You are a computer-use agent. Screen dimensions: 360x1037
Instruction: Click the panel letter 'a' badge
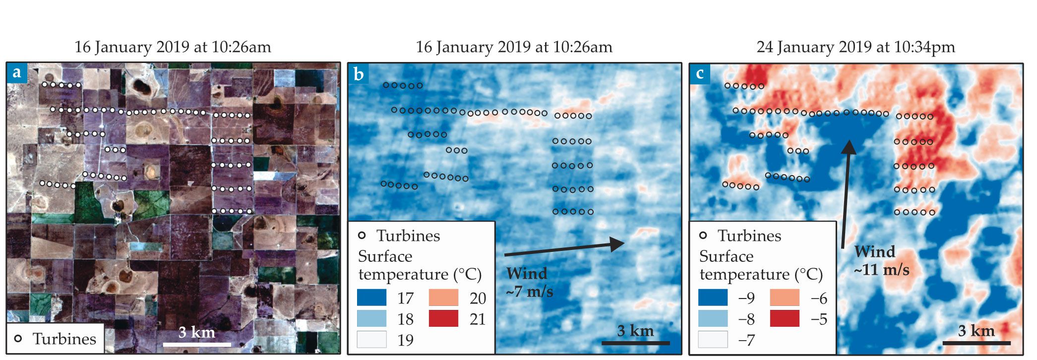17,72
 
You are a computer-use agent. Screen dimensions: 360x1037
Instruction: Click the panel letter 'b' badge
359,74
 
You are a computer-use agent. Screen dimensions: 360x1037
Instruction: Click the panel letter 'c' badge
700,73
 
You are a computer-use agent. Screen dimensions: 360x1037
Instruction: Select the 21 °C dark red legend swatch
443,319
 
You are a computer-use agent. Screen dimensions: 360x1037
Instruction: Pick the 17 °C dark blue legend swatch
371,298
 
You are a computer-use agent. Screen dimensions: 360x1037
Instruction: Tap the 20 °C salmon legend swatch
443,298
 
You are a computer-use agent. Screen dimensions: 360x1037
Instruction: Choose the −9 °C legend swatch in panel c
713,298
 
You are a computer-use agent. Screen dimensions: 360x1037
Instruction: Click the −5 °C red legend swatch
785,319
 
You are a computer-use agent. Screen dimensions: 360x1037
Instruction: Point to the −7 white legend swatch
713,340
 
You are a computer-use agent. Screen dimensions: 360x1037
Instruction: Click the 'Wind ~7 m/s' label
529,282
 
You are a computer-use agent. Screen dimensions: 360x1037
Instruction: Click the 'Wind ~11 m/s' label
881,260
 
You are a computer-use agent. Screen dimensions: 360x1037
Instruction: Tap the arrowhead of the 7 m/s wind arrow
618,244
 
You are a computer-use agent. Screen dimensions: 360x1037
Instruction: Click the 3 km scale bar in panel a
197,344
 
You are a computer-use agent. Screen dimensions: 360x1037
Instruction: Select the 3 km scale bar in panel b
635,342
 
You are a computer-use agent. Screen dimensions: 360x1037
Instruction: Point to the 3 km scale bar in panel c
976,342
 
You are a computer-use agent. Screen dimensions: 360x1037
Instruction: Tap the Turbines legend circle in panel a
18,339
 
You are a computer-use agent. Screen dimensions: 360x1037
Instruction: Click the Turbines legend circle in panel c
703,236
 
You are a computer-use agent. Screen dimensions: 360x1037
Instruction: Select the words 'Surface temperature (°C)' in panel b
420,265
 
